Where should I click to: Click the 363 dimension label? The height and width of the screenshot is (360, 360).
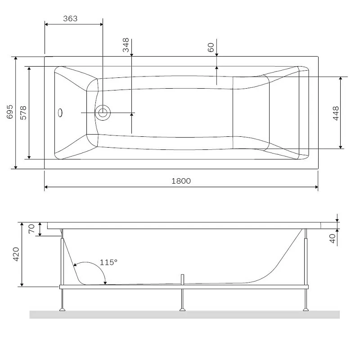click(70, 18)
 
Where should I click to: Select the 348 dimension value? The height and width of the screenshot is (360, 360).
click(126, 45)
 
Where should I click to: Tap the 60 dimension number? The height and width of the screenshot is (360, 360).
click(211, 48)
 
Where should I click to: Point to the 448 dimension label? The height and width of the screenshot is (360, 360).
click(335, 113)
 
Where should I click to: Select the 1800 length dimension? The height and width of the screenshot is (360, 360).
click(181, 181)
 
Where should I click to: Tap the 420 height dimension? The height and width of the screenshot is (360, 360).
click(16, 255)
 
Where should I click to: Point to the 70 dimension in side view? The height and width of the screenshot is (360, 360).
click(31, 229)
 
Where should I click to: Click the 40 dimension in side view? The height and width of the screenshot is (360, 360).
click(333, 238)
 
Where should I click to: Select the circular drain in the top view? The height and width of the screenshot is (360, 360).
click(103, 112)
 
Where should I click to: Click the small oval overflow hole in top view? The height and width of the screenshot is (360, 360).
click(61, 112)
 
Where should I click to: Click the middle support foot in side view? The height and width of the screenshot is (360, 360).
click(183, 309)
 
